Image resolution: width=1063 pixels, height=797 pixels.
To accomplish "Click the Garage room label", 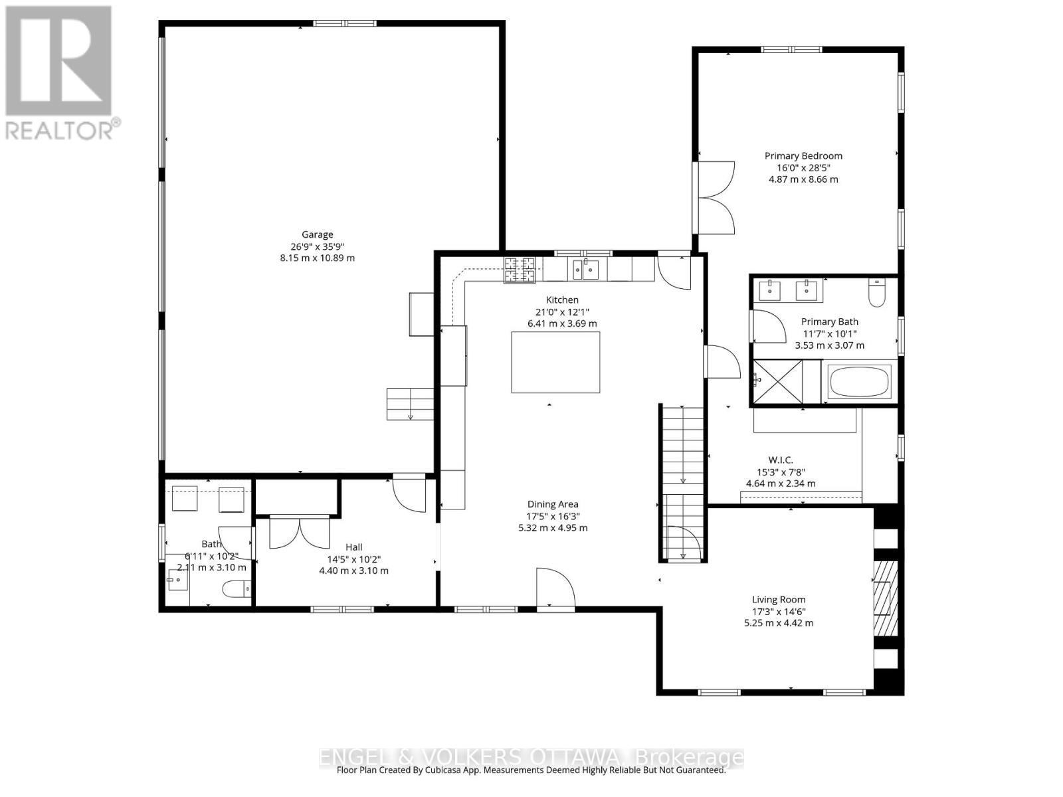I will [x=317, y=234].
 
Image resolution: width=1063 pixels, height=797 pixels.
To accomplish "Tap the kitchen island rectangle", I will [x=555, y=362].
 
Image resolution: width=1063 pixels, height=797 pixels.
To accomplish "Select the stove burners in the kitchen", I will [x=520, y=270].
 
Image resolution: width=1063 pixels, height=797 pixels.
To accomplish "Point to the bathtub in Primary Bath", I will [x=858, y=381].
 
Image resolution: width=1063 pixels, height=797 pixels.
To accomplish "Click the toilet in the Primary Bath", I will [x=877, y=292].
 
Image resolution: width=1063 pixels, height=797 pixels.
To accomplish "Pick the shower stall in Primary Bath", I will [x=778, y=381].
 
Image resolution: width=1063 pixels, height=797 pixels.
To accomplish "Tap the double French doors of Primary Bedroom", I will [x=714, y=197].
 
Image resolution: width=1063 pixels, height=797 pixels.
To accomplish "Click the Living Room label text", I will [x=779, y=599].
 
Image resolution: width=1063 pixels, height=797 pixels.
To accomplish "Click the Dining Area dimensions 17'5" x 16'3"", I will [x=553, y=516].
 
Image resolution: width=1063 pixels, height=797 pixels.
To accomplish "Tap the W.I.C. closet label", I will [x=781, y=460].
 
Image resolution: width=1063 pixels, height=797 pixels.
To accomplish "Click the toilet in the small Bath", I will [x=236, y=588].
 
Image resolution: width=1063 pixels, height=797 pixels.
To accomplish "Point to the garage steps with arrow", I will [x=410, y=404].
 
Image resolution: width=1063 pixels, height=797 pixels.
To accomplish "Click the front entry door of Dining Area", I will [x=555, y=588].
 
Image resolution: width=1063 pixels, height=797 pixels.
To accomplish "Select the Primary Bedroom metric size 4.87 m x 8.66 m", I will [x=803, y=179].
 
